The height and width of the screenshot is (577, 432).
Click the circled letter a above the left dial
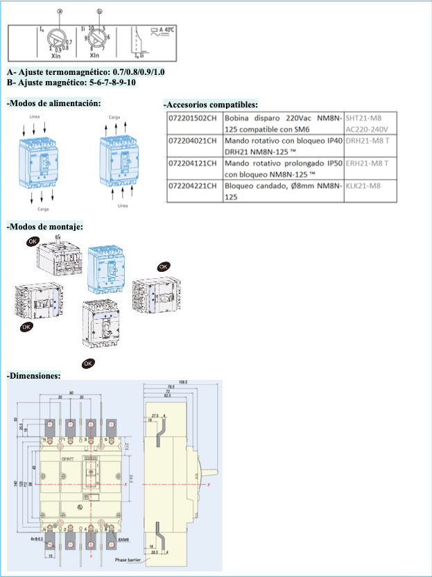60,12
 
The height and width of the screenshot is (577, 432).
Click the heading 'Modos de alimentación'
53,103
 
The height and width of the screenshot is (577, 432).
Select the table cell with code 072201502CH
193,118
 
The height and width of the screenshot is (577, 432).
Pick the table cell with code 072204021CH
193,141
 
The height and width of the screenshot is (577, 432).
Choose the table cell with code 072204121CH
193,163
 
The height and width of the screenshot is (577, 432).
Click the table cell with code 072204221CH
193,186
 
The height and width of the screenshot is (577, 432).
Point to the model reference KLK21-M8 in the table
363,186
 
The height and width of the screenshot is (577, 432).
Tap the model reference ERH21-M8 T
366,163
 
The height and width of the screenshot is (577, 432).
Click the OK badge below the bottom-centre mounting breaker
88,363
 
